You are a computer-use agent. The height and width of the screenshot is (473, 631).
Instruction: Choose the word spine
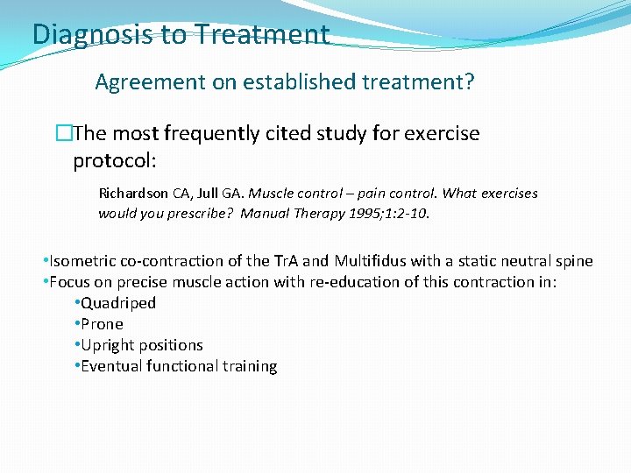573,261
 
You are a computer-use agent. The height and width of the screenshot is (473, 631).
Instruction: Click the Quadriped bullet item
118,303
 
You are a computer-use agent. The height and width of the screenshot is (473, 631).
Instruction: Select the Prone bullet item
103,324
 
